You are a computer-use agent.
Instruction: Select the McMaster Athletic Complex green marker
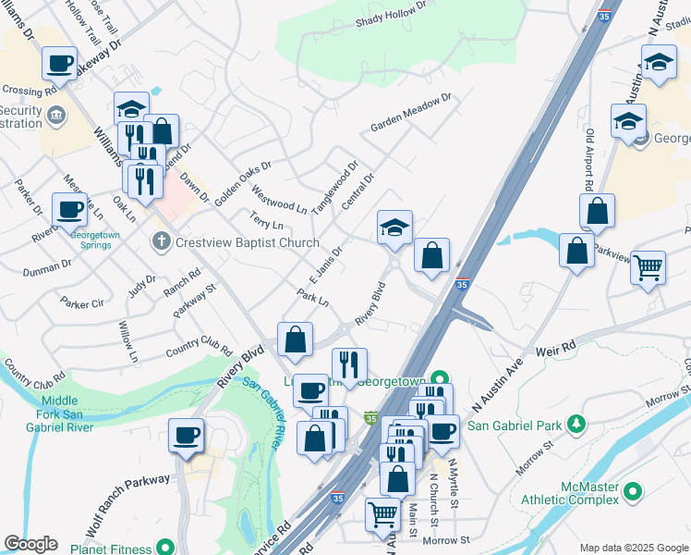point(632,491)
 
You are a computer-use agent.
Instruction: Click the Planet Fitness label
point(112,547)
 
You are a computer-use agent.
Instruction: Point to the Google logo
point(30,544)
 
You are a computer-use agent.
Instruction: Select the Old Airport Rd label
point(588,161)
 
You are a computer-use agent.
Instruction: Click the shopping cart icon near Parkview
point(648,267)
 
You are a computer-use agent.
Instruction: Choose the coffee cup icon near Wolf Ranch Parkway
point(186,435)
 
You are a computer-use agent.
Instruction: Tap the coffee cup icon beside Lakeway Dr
point(60,64)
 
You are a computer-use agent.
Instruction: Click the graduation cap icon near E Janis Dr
point(394,228)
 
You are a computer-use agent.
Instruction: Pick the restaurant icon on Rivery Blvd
point(349,364)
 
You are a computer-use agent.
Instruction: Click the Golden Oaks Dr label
point(243,182)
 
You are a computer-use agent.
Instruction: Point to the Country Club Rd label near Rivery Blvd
point(199,351)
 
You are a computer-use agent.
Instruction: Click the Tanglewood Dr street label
point(334,188)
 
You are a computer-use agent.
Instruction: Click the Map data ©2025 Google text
point(633,548)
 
